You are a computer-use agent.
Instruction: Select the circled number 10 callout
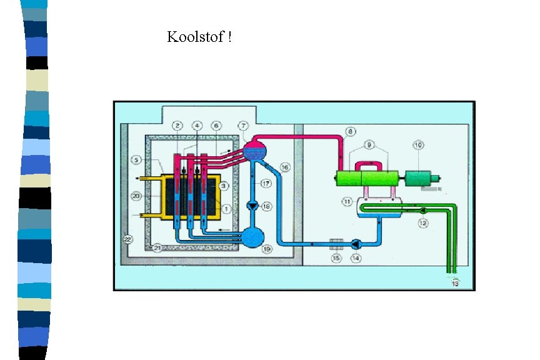coord(418,145)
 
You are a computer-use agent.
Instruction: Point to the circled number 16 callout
coord(285,167)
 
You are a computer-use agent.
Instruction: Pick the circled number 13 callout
coord(454,282)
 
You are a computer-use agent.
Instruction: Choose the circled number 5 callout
coord(136,161)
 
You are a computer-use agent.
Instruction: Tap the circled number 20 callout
coord(137,196)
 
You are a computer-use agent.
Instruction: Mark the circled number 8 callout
coord(351,131)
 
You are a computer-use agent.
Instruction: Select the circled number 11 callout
coord(347,201)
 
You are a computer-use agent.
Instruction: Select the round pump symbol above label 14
coord(356,244)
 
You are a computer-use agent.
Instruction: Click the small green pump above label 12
coord(423,209)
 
